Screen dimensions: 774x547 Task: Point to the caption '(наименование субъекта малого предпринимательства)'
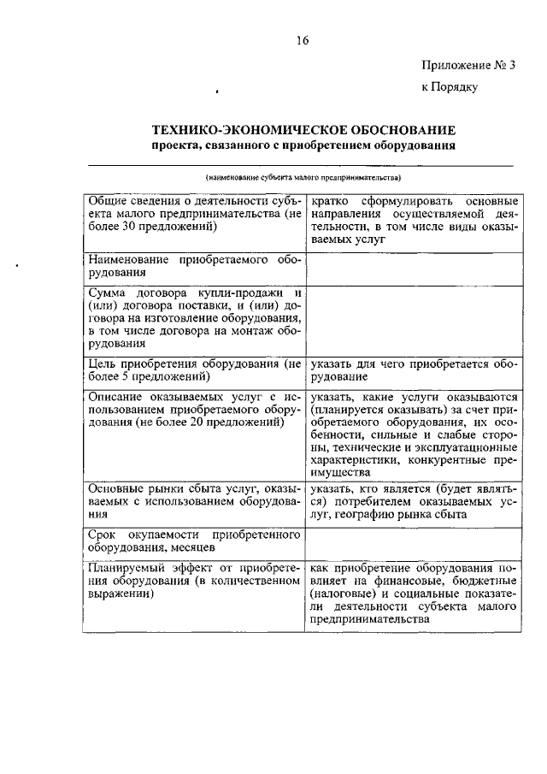click(x=303, y=178)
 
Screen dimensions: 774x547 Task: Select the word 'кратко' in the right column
click(x=330, y=200)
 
